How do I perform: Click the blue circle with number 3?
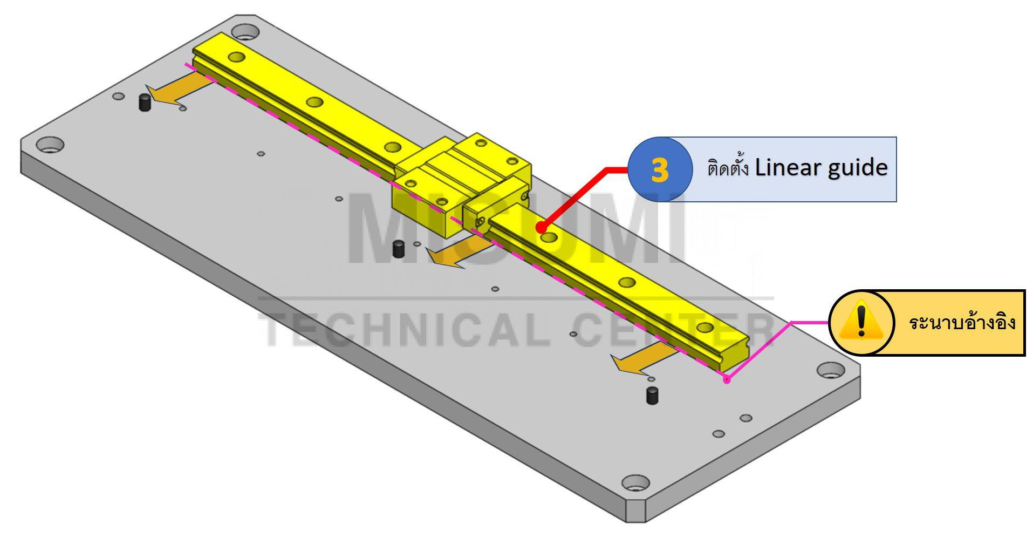pyautogui.click(x=659, y=169)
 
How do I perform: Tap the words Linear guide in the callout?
pyautogui.click(x=820, y=168)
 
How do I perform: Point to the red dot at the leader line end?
pyautogui.click(x=540, y=228)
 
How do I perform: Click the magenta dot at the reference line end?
pyautogui.click(x=727, y=379)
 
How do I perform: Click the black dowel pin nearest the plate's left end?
pyautogui.click(x=144, y=102)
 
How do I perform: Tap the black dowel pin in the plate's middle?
pyautogui.click(x=398, y=249)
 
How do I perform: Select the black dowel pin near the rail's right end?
pyautogui.click(x=652, y=395)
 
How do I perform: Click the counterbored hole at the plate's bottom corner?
pyautogui.click(x=635, y=482)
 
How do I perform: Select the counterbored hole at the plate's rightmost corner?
pyautogui.click(x=831, y=370)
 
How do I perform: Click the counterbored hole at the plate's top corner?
pyautogui.click(x=246, y=31)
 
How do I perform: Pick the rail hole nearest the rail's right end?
pyautogui.click(x=704, y=327)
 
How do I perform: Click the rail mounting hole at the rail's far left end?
pyautogui.click(x=236, y=56)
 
